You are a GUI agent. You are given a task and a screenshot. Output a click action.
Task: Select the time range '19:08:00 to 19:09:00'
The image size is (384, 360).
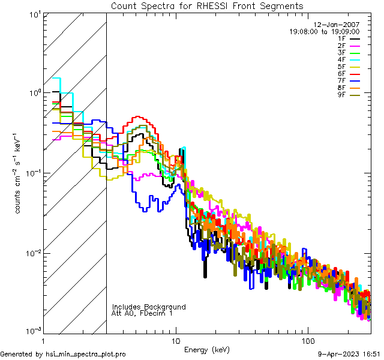tap(325, 31)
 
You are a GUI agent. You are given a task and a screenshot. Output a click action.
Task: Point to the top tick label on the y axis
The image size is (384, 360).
tap(34, 15)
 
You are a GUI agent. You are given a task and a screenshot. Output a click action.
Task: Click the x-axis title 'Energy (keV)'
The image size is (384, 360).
tap(207, 349)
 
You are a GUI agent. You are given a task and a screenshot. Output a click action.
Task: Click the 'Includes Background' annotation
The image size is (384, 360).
tap(148, 307)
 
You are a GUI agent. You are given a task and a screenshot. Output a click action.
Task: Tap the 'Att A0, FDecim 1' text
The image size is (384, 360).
tap(142, 313)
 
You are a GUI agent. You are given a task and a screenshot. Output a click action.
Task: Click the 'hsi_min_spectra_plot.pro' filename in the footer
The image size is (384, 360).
tap(86, 354)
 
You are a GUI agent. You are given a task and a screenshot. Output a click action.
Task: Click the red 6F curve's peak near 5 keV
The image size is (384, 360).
tap(138, 117)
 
